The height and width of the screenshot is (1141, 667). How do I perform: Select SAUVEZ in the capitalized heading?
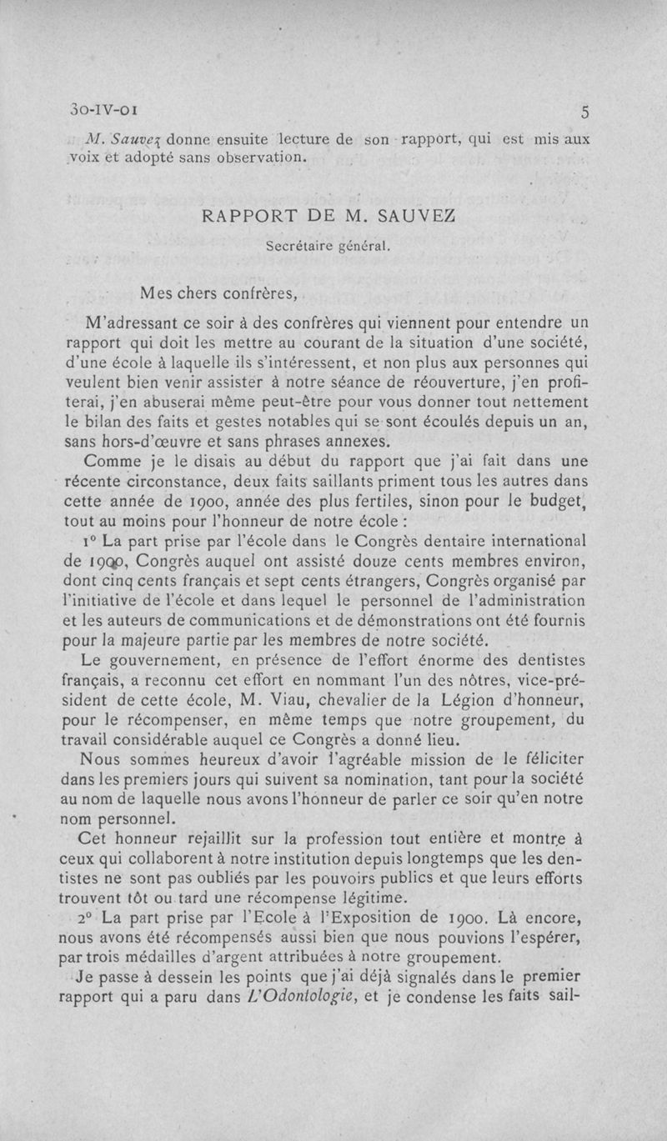(x=417, y=217)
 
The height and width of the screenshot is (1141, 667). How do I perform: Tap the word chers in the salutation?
(x=197, y=293)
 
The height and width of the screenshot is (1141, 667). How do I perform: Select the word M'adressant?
(x=129, y=323)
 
